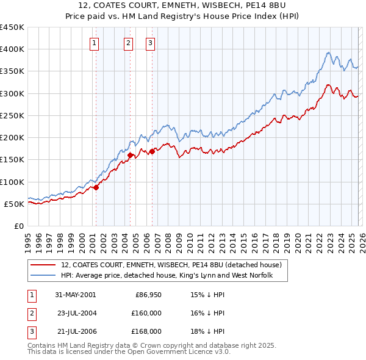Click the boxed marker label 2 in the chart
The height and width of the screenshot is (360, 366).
[129, 43]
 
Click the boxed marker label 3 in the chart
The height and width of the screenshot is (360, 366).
[150, 43]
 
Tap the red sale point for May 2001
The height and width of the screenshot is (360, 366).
[96, 187]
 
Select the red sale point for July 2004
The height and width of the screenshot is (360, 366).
[131, 155]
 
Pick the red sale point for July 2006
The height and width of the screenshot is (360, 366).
[152, 151]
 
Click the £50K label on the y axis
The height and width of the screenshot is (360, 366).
[15, 204]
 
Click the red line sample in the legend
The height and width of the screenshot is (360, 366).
[44, 265]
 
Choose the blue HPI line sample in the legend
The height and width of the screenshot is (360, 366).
[44, 276]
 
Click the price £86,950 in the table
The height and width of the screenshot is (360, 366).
[146, 294]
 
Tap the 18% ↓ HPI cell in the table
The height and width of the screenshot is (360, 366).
[207, 331]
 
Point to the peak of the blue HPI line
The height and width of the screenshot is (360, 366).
[328, 52]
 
